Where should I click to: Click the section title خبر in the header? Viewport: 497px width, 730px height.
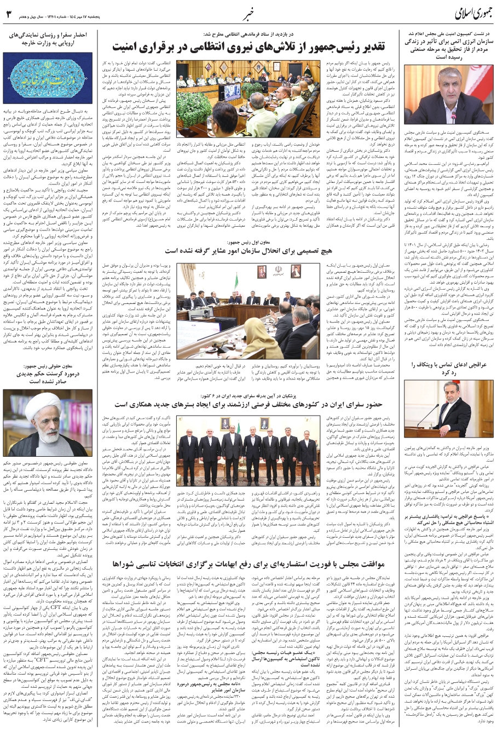(248, 12)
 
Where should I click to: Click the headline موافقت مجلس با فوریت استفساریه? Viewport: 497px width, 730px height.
(249, 563)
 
